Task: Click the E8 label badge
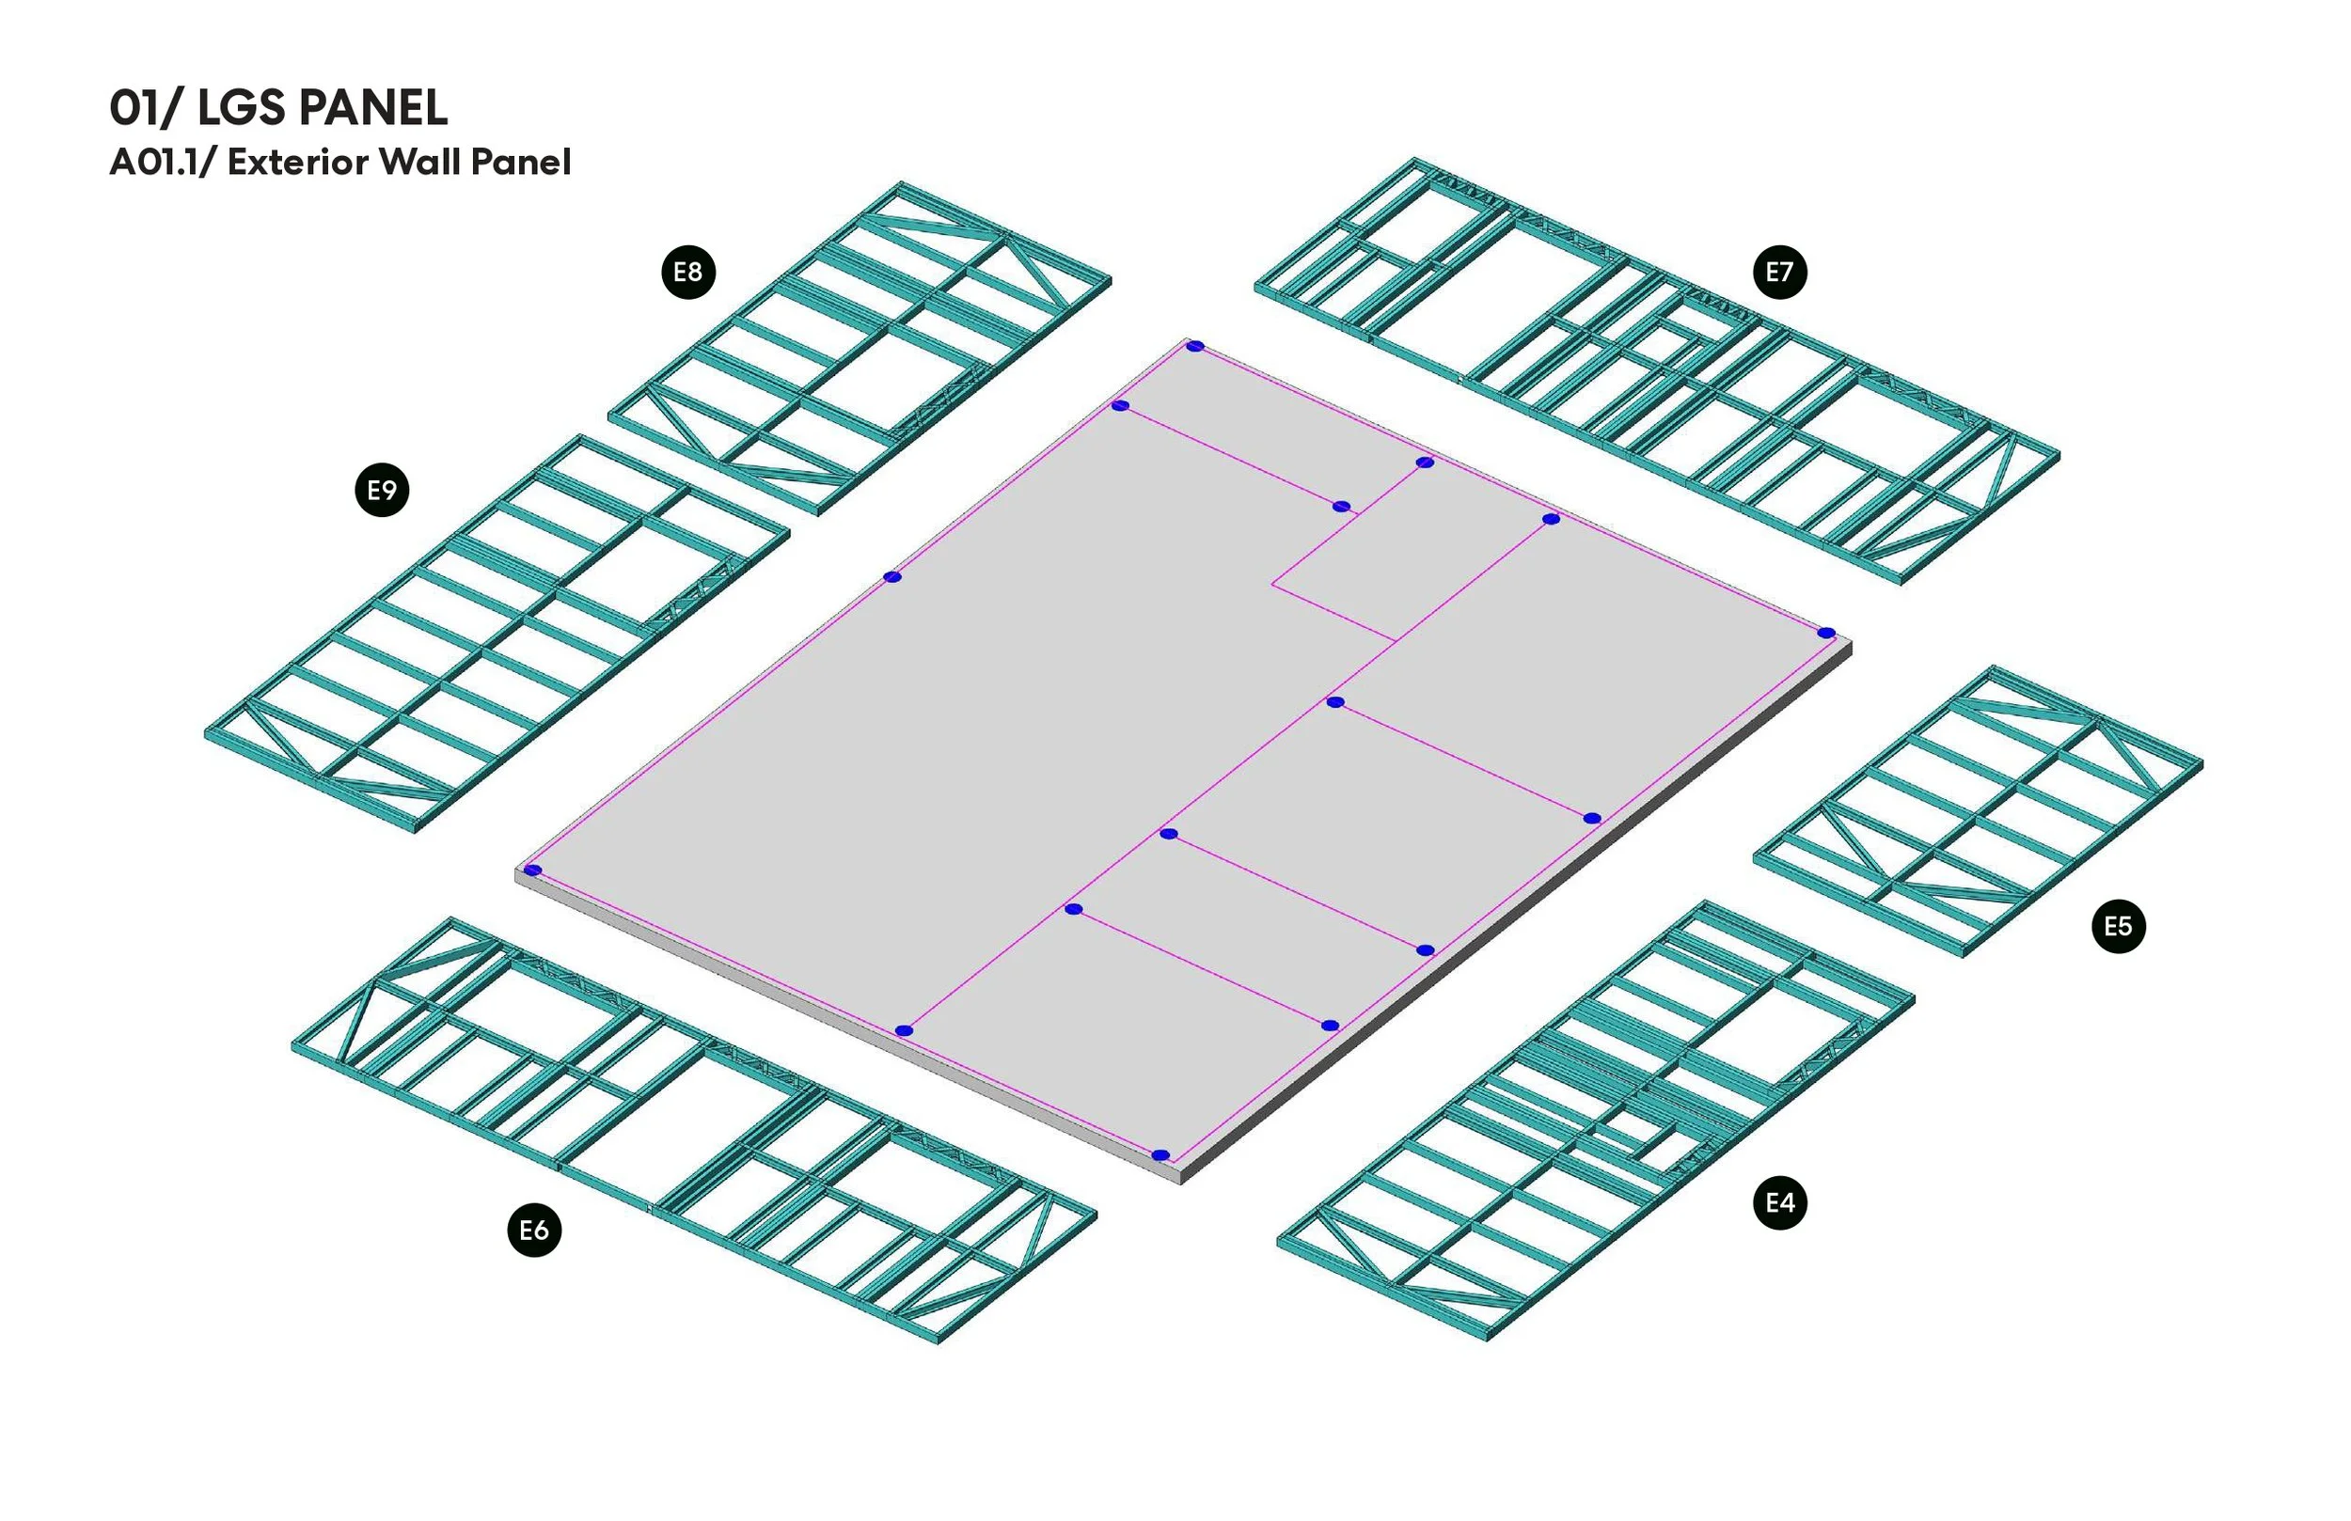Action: pyautogui.click(x=687, y=272)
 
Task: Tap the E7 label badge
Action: pyautogui.click(x=1779, y=272)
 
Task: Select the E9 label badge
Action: pyautogui.click(x=383, y=490)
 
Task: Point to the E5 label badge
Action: pyautogui.click(x=2118, y=927)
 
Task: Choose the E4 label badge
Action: pyautogui.click(x=1779, y=1202)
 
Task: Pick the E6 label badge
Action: pyautogui.click(x=534, y=1230)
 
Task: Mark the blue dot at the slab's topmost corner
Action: pyautogui.click(x=1195, y=346)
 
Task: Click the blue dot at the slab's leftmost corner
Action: pyautogui.click(x=532, y=870)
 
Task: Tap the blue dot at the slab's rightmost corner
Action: pyautogui.click(x=1826, y=633)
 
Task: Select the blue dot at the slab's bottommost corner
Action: pyautogui.click(x=1160, y=1154)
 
